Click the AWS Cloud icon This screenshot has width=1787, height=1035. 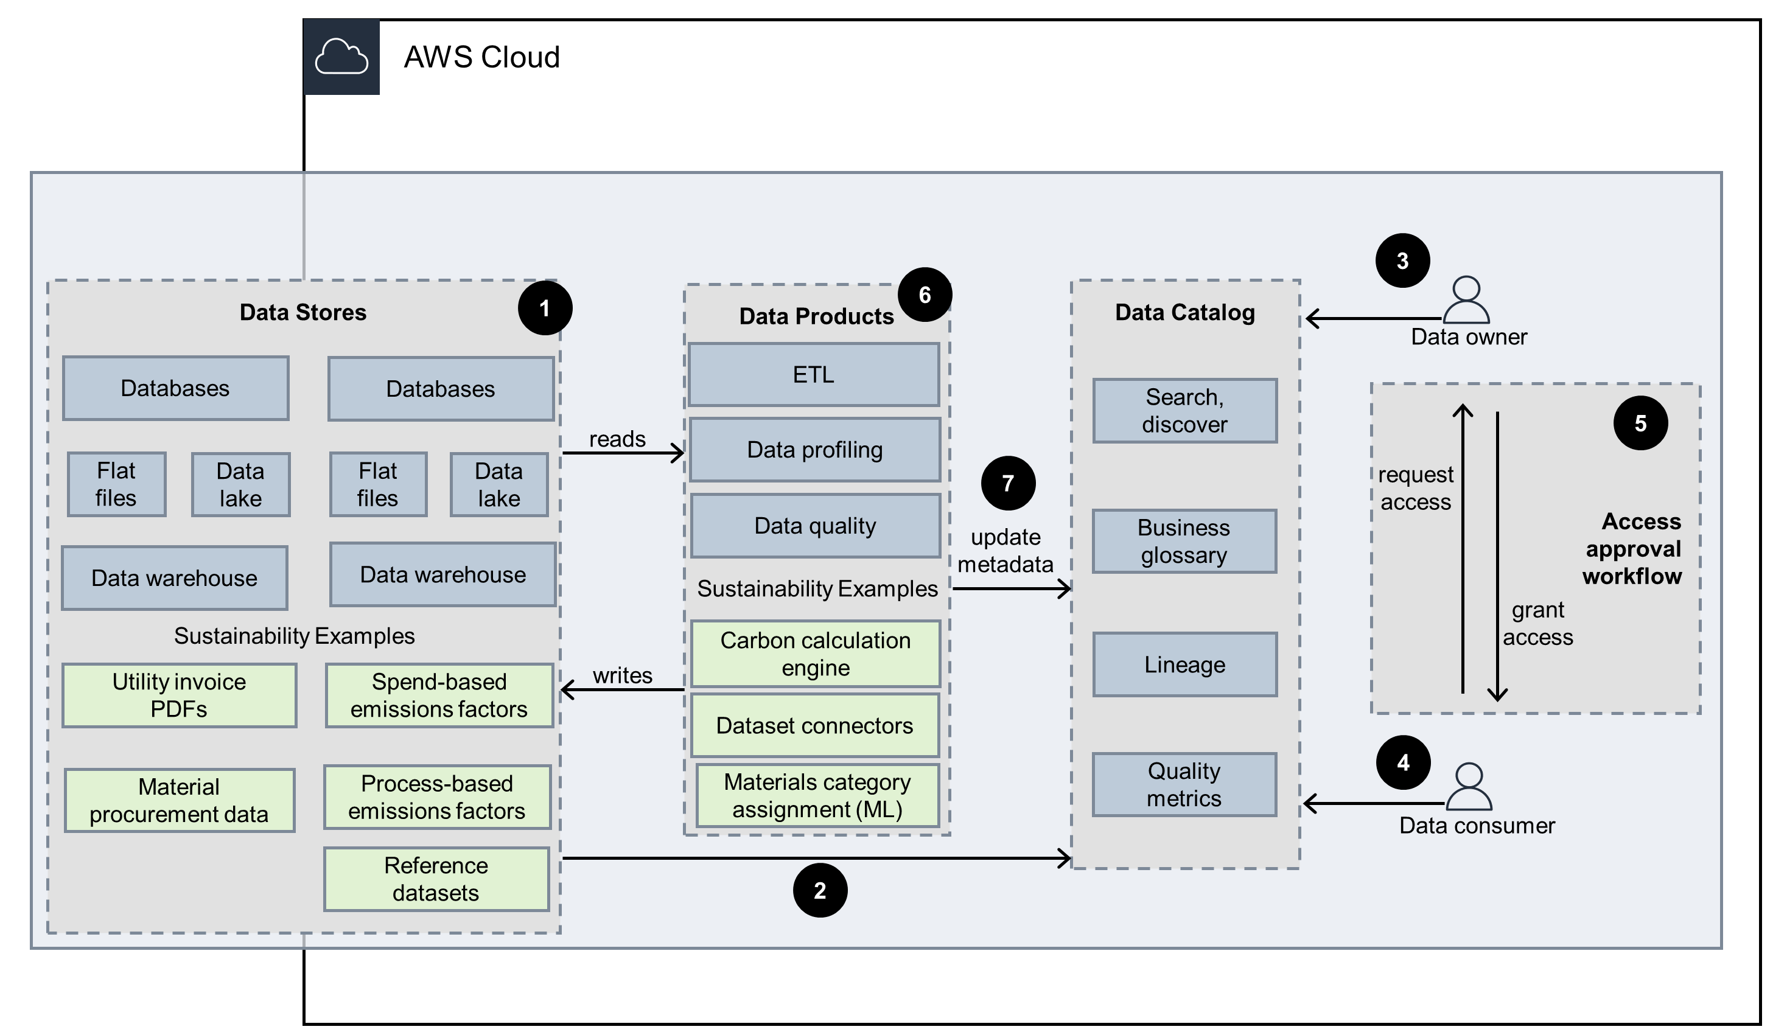(341, 57)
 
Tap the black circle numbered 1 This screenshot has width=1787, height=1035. (545, 308)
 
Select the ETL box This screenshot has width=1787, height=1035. (813, 374)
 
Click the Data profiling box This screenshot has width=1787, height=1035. (815, 450)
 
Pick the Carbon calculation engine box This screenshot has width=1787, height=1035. (815, 653)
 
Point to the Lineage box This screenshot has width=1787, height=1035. (1184, 664)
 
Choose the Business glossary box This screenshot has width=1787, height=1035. (1184, 541)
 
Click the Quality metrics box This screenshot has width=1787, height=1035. (1184, 784)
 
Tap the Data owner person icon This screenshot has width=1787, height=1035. (1466, 301)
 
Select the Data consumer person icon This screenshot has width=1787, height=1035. (1468, 787)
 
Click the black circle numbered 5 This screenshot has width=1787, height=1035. (1640, 423)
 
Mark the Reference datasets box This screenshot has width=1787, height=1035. (436, 879)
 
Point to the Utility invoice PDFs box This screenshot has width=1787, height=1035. (179, 695)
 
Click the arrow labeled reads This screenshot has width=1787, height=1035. (623, 452)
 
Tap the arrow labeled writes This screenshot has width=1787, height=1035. (622, 689)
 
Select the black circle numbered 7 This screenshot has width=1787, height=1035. (1008, 483)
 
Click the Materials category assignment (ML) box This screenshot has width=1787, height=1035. (817, 795)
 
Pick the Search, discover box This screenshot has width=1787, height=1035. (1184, 411)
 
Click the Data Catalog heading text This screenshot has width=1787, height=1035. (1184, 312)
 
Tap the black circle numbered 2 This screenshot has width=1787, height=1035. (820, 890)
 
